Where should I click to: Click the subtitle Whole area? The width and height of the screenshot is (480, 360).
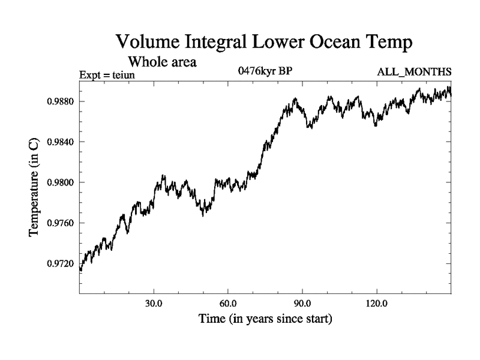pyautogui.click(x=162, y=61)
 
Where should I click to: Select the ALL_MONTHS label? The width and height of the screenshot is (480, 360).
pyautogui.click(x=414, y=72)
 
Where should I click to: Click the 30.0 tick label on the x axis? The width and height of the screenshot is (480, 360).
pyautogui.click(x=154, y=302)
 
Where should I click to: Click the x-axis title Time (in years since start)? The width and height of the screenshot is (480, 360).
pyautogui.click(x=265, y=318)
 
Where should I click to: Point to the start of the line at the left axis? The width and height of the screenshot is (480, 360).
pyautogui.click(x=80, y=269)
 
